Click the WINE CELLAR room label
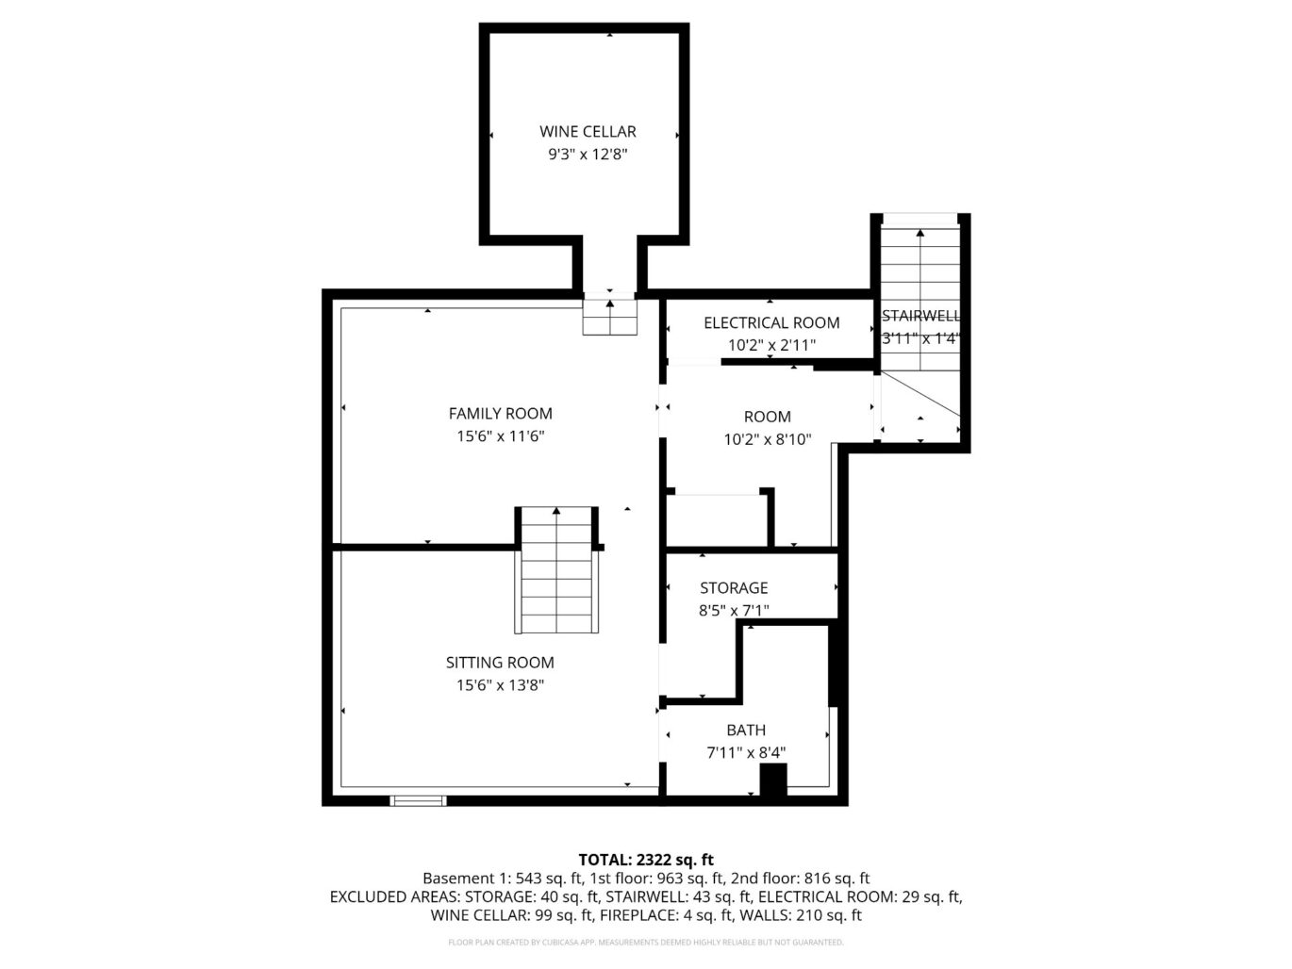pos(588,132)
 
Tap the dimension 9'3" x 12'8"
pos(588,155)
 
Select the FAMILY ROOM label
pos(500,414)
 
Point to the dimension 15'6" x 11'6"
pos(500,436)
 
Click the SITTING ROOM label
pos(500,663)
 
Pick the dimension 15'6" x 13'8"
pos(500,685)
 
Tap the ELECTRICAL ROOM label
pos(770,323)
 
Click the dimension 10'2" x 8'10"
pos(767,439)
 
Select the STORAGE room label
pos(734,588)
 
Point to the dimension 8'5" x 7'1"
pos(734,611)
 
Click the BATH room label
pos(745,731)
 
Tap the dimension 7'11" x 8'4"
pos(745,753)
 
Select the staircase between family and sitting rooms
pos(556,570)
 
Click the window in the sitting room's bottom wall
pos(418,801)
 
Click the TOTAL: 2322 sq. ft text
pos(645,860)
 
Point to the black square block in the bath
pos(773,780)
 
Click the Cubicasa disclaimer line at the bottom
pos(645,943)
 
